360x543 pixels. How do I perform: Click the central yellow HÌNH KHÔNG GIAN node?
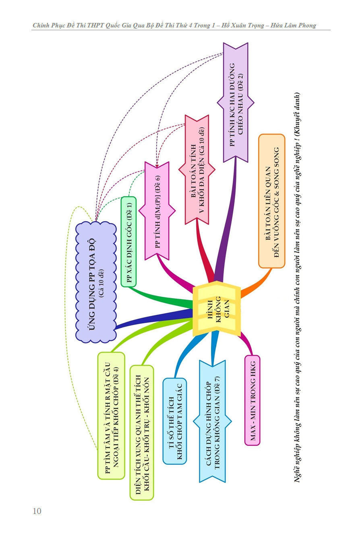coord(216,309)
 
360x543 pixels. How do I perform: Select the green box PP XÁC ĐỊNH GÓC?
coord(129,241)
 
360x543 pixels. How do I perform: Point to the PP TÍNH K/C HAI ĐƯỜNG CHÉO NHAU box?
coord(236,103)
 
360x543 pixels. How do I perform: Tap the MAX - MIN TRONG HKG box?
coord(252,400)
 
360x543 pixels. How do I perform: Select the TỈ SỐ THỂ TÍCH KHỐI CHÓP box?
coord(175,421)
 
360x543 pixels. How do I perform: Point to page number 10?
coord(37,511)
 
